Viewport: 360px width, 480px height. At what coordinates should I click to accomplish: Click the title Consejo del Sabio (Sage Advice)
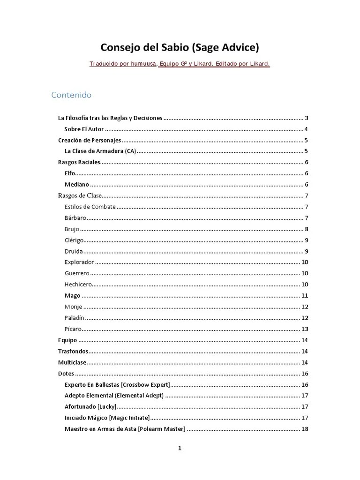[180, 48]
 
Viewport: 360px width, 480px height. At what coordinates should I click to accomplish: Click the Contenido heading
[71, 95]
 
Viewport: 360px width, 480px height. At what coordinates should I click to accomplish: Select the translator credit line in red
[180, 64]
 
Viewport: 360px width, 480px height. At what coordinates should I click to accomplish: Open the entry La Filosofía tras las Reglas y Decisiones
[110, 118]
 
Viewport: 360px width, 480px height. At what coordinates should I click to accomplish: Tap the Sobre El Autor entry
[84, 129]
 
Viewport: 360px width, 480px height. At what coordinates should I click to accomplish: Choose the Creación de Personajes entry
[90, 140]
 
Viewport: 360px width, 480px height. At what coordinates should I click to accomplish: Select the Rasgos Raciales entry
[79, 162]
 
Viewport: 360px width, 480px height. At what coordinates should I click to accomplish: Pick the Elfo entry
[70, 173]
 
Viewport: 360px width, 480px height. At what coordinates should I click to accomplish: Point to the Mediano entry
[76, 185]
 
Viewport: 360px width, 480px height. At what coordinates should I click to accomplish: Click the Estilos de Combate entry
[90, 207]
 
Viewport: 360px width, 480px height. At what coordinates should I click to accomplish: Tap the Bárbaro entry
[75, 218]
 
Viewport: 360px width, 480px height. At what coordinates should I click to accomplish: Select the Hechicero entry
[78, 284]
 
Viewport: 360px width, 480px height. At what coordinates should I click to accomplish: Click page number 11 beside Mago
[304, 296]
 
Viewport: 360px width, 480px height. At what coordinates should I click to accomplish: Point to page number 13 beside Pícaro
[304, 329]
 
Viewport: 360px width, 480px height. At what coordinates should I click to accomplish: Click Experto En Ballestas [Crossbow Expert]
[117, 384]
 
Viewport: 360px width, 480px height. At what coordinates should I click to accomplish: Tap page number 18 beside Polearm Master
[304, 429]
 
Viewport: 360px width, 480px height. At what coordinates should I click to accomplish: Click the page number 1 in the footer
[180, 448]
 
